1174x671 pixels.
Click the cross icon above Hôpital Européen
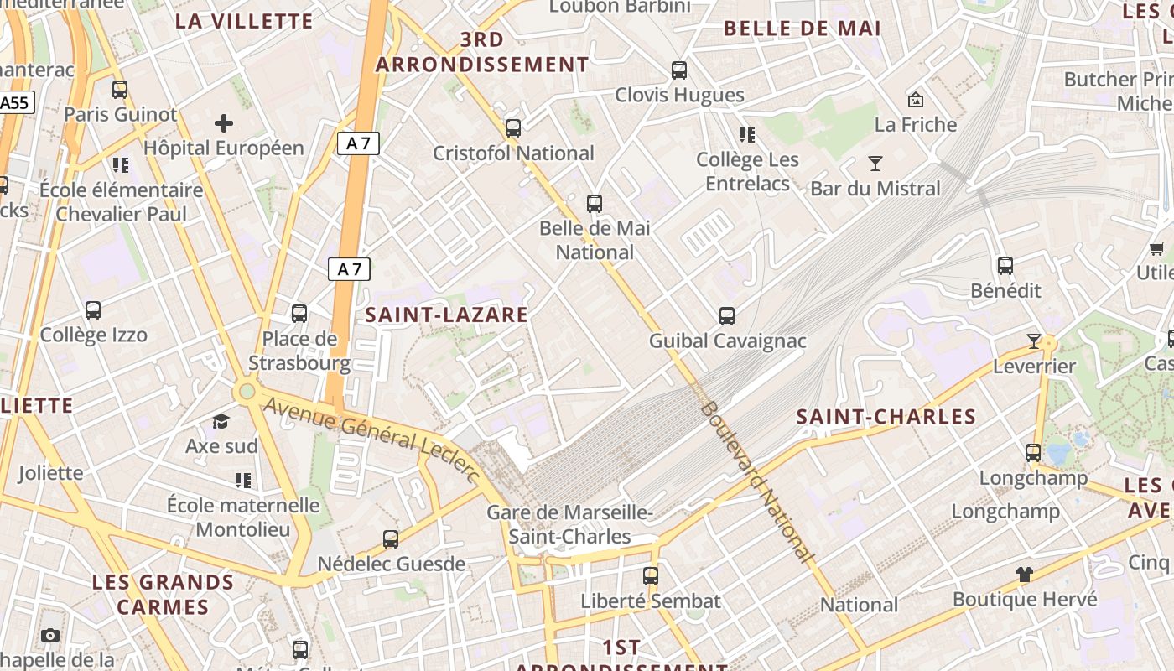[x=224, y=124]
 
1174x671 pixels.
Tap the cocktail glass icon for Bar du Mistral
[x=875, y=163]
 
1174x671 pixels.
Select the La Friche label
[x=915, y=125]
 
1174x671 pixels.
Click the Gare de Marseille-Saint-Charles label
[x=570, y=524]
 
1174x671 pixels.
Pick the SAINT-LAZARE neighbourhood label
[x=447, y=315]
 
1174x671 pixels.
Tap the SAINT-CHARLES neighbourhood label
[x=886, y=417]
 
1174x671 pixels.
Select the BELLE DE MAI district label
[x=802, y=29]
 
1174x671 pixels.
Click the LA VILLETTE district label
[x=244, y=22]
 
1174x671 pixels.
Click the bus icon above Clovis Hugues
[x=679, y=70]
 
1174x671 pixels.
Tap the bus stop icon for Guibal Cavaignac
[x=727, y=316]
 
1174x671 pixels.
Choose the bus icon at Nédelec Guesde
[x=391, y=539]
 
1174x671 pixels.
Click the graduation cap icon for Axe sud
[x=221, y=421]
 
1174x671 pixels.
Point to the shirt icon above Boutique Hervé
[x=1024, y=575]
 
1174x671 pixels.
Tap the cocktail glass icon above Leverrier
[x=1033, y=341]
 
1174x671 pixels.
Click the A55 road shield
[x=13, y=102]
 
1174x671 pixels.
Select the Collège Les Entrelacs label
[x=747, y=171]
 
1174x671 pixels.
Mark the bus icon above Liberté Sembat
[x=651, y=576]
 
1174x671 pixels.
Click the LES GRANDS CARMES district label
[x=163, y=594]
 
